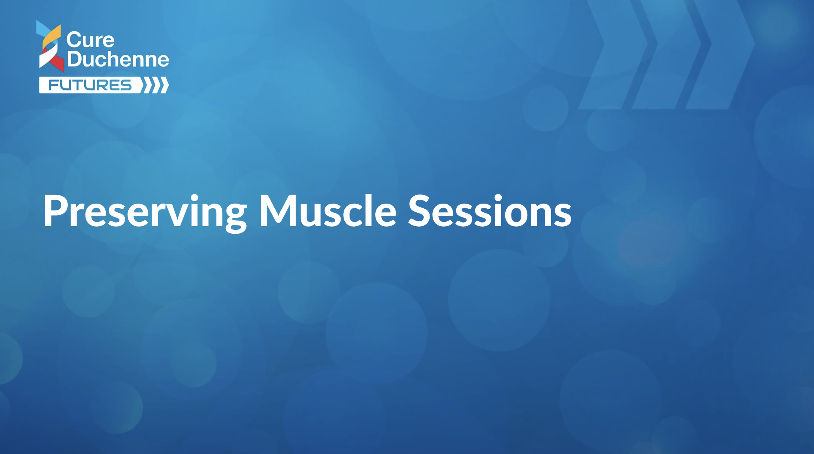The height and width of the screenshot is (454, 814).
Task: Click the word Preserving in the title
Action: [145, 212]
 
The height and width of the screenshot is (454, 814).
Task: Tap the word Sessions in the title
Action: [490, 211]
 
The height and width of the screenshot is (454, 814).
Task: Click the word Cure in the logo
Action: [90, 40]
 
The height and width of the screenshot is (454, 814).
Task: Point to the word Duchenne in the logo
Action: [118, 59]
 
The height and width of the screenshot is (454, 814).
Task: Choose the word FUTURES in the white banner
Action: [90, 85]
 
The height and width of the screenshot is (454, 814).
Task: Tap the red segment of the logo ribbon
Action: [55, 60]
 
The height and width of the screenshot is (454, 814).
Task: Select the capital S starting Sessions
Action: [419, 211]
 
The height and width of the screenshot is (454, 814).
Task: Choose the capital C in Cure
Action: [73, 40]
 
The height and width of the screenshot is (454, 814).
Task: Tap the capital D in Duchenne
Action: [74, 59]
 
